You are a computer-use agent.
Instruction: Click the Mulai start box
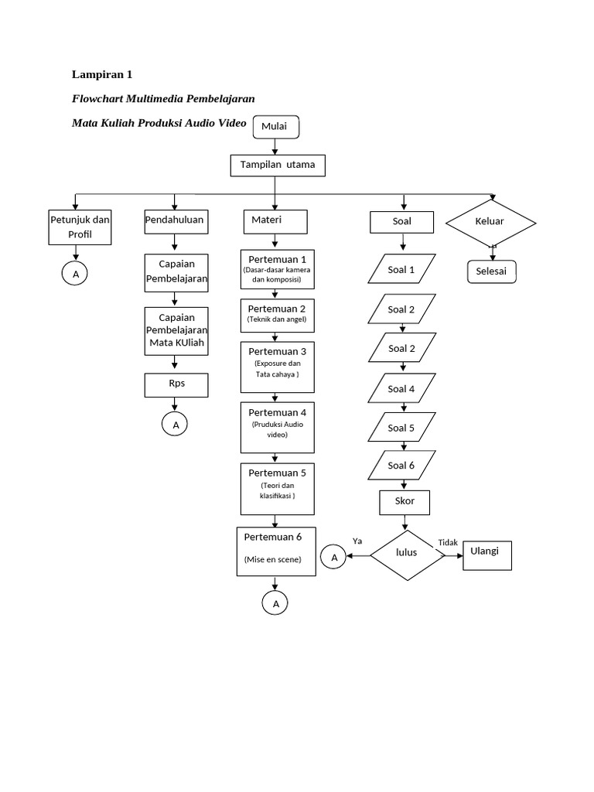[x=275, y=127]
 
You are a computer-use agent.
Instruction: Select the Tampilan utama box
[x=277, y=166]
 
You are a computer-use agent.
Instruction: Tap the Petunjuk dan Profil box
[x=80, y=227]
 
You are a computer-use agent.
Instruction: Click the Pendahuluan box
[x=175, y=220]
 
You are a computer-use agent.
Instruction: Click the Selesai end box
[x=491, y=271]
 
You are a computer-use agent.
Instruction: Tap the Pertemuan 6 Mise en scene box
[x=276, y=550]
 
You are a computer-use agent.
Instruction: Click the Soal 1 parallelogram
[x=401, y=270]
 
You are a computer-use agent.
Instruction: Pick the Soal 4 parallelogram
[x=401, y=389]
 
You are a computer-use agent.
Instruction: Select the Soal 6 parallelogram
[x=401, y=466]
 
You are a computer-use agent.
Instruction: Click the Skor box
[x=405, y=501]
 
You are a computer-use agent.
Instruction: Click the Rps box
[x=176, y=384]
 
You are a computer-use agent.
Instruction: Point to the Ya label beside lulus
[x=357, y=541]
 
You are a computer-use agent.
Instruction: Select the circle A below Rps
[x=176, y=425]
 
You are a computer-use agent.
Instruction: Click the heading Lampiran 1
[x=102, y=75]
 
